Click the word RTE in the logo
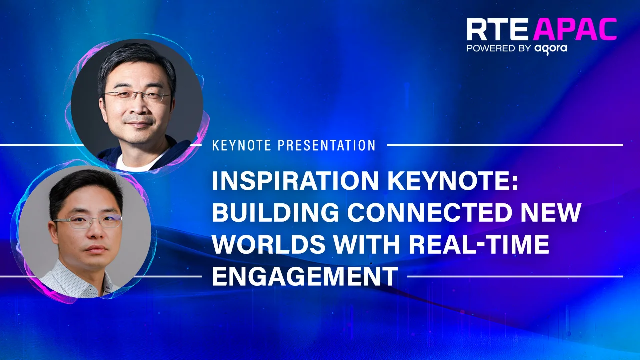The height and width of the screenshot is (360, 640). click(497, 30)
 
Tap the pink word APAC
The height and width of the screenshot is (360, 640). click(575, 30)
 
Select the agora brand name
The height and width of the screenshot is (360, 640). click(550, 49)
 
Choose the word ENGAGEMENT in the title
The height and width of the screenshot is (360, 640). click(305, 277)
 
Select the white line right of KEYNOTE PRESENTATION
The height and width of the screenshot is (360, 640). click(505, 145)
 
